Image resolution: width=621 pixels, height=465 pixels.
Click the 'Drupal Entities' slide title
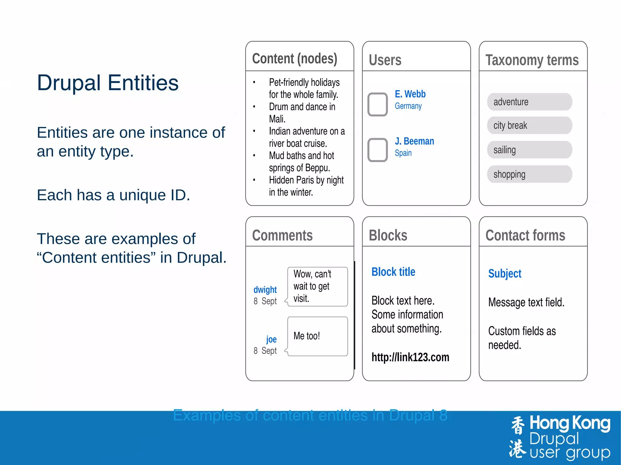click(x=108, y=83)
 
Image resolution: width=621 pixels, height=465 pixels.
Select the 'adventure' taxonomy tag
click(x=529, y=102)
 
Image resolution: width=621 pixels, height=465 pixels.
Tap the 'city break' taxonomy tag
click(x=529, y=125)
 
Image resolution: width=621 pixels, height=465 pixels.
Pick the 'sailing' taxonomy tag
click(x=529, y=150)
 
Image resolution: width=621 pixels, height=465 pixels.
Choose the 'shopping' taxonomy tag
click(x=529, y=174)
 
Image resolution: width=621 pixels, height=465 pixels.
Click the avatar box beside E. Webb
click(x=378, y=104)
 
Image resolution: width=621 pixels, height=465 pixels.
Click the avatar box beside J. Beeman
click(x=378, y=150)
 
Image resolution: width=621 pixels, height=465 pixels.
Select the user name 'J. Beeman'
click(x=414, y=141)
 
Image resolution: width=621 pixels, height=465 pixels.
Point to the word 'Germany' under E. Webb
click(x=408, y=106)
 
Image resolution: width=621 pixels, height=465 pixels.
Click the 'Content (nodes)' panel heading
click(x=294, y=59)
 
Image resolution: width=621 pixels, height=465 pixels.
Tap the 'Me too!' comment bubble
click(x=317, y=336)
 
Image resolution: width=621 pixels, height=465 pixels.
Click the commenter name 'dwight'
click(x=265, y=290)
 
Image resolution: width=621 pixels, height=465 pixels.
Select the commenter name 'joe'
click(x=271, y=339)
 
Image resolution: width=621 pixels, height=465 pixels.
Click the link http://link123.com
click(x=410, y=357)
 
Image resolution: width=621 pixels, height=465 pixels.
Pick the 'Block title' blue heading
click(x=393, y=272)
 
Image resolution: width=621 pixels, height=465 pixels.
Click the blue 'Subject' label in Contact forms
click(x=505, y=274)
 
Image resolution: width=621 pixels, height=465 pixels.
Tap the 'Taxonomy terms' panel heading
click(x=532, y=60)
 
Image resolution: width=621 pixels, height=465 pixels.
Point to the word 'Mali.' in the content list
click(x=277, y=119)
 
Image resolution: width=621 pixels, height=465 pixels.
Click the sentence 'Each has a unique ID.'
click(x=113, y=195)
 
